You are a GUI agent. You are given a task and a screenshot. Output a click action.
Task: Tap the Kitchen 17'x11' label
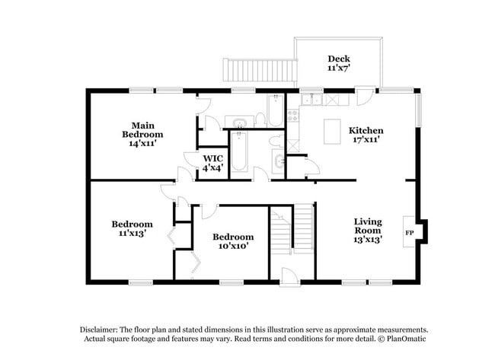pos(366,135)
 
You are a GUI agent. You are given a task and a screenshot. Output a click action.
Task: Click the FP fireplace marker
pos(409,231)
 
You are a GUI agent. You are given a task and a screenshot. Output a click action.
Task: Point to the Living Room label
pos(367,230)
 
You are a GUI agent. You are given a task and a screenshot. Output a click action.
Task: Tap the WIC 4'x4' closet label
pos(212,163)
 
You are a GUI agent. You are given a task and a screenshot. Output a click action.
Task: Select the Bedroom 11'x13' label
pos(132,228)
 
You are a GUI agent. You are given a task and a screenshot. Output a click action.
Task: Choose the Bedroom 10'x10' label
pos(232,241)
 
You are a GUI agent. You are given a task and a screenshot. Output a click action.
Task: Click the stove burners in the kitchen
pos(294,116)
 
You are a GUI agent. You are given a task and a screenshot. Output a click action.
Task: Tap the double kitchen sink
pos(312,100)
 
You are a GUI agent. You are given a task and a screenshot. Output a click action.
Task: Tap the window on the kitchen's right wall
pos(417,110)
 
